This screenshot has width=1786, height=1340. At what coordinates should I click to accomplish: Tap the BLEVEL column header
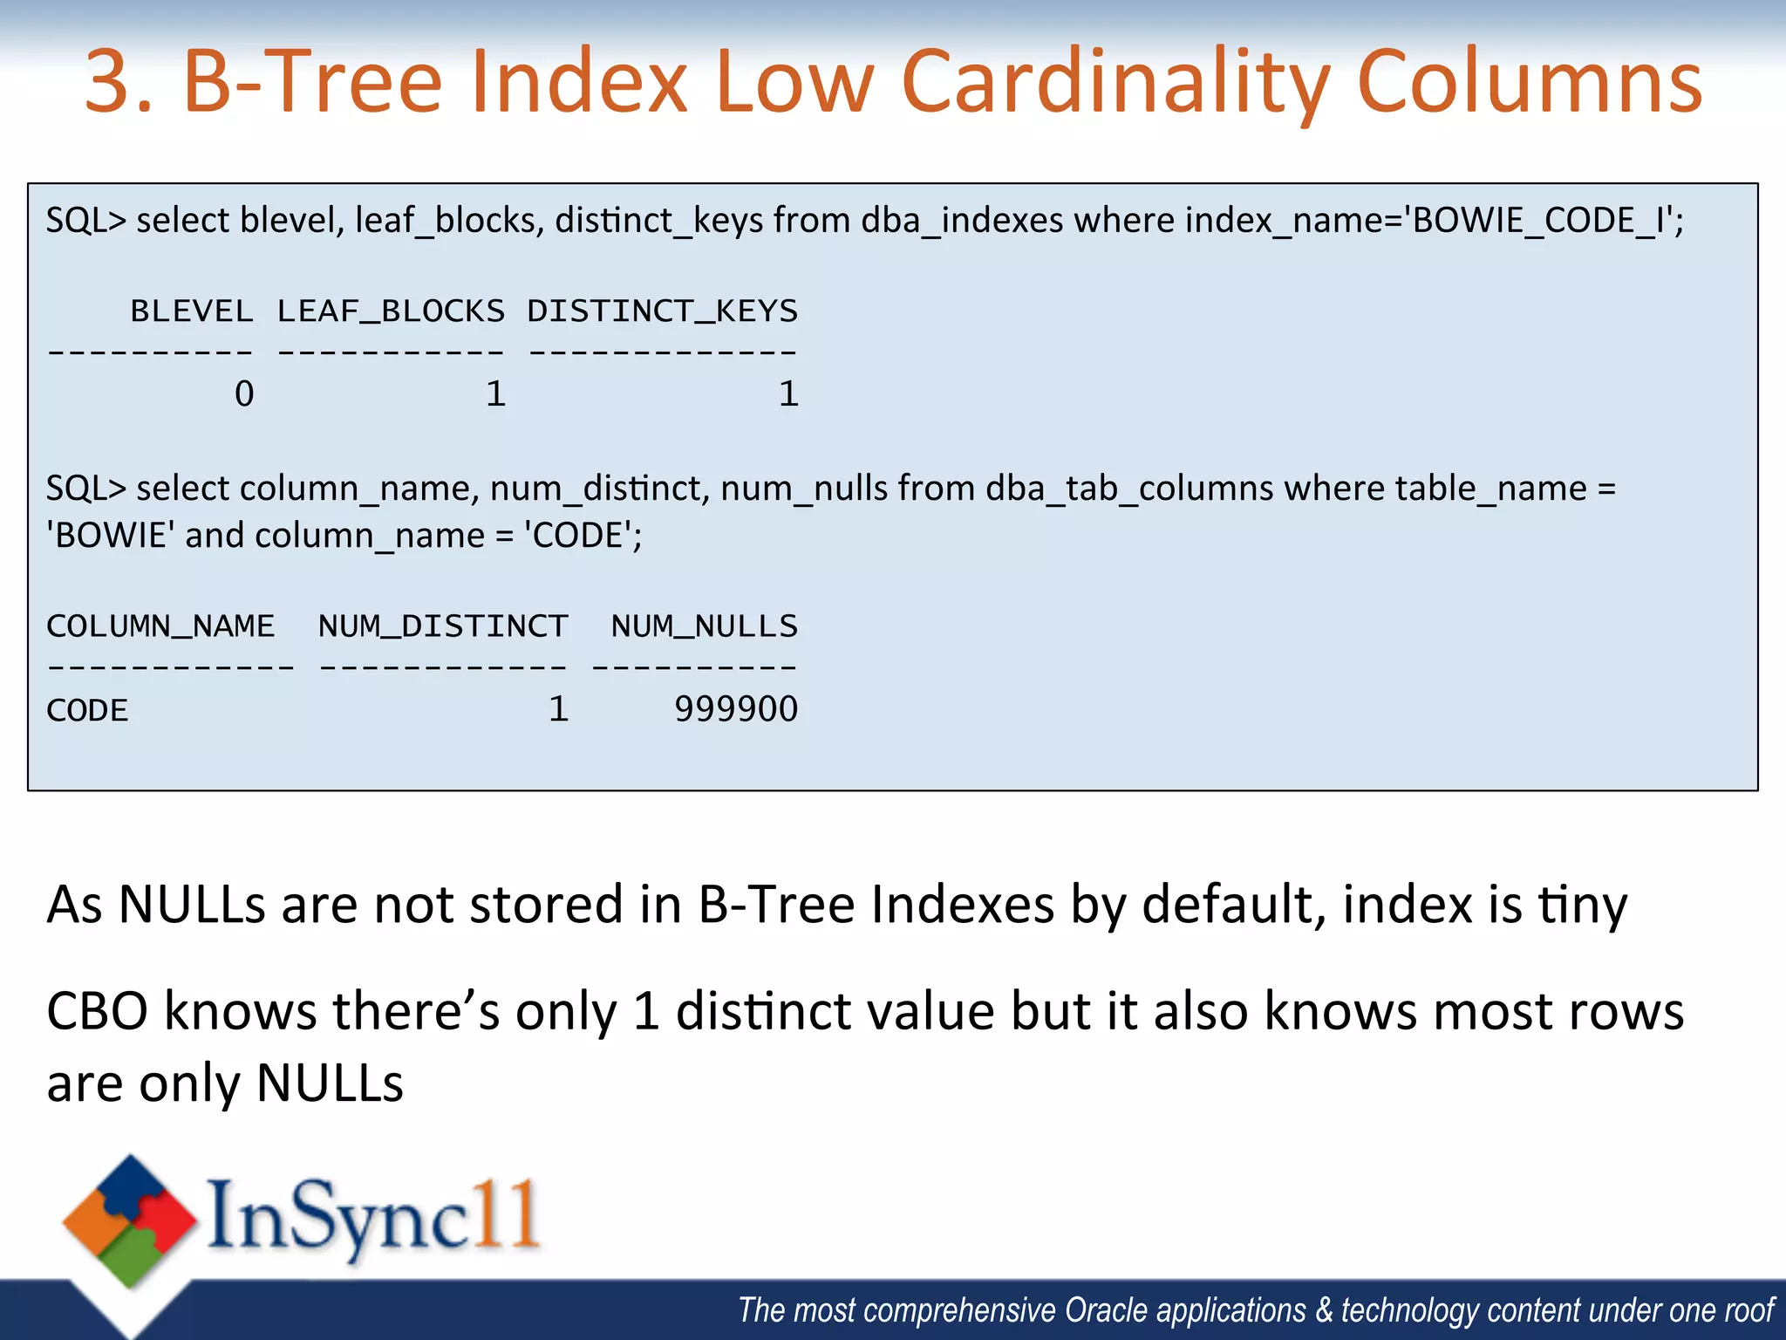point(192,311)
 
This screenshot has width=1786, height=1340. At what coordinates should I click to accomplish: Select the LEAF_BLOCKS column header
point(391,311)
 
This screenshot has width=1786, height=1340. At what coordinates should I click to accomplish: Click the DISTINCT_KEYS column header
point(663,311)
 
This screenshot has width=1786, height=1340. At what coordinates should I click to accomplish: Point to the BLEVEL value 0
point(244,394)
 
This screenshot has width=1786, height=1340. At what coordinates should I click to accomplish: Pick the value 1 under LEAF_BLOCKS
point(495,394)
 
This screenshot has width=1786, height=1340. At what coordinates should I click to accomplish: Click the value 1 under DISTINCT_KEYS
point(788,394)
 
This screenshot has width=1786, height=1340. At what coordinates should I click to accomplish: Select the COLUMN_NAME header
point(160,626)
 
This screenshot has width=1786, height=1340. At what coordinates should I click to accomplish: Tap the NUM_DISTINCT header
point(443,626)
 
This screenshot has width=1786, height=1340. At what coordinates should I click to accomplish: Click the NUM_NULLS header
point(705,626)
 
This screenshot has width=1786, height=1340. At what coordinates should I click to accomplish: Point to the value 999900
point(736,709)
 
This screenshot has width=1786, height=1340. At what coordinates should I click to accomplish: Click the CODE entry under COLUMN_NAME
point(87,710)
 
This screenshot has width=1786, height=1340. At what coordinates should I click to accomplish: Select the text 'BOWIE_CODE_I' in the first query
point(1539,221)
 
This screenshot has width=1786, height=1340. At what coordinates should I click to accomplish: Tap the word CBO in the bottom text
point(98,1012)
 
